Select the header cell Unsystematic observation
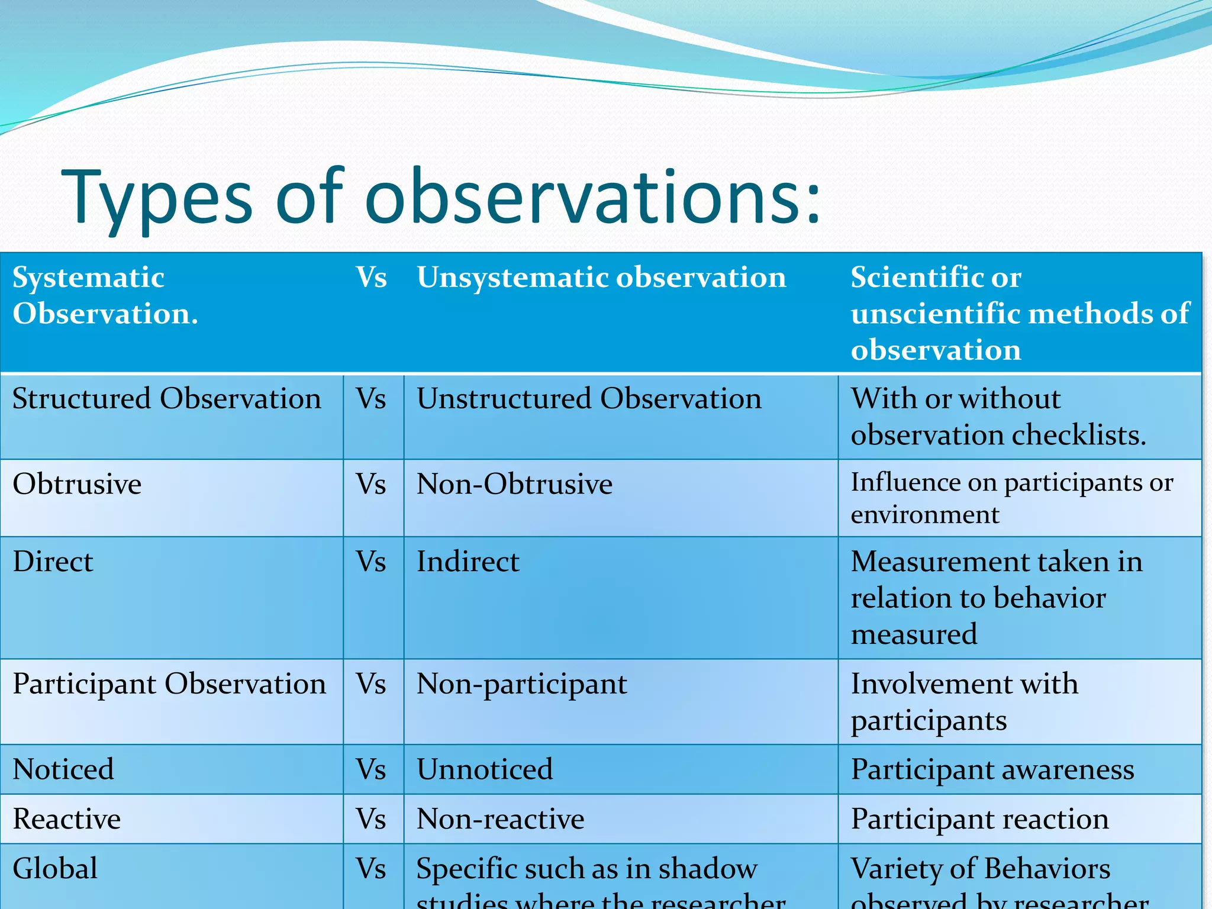pyautogui.click(x=601, y=278)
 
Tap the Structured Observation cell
pyautogui.click(x=167, y=399)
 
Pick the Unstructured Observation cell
pyautogui.click(x=589, y=399)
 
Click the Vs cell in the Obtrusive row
pyautogui.click(x=372, y=485)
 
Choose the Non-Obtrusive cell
pyautogui.click(x=514, y=485)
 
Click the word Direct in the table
pyautogui.click(x=53, y=562)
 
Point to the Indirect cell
pyautogui.click(x=468, y=562)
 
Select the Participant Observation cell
pyautogui.click(x=169, y=684)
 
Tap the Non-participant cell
pyautogui.click(x=521, y=684)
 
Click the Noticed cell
pyautogui.click(x=63, y=770)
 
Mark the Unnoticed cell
pyautogui.click(x=485, y=770)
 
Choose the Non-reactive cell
pyautogui.click(x=500, y=820)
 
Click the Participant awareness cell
pyautogui.click(x=992, y=770)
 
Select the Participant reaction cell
pyautogui.click(x=980, y=820)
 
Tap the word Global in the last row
pyautogui.click(x=55, y=869)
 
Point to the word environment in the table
pyautogui.click(x=924, y=514)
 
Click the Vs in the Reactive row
pyautogui.click(x=372, y=820)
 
